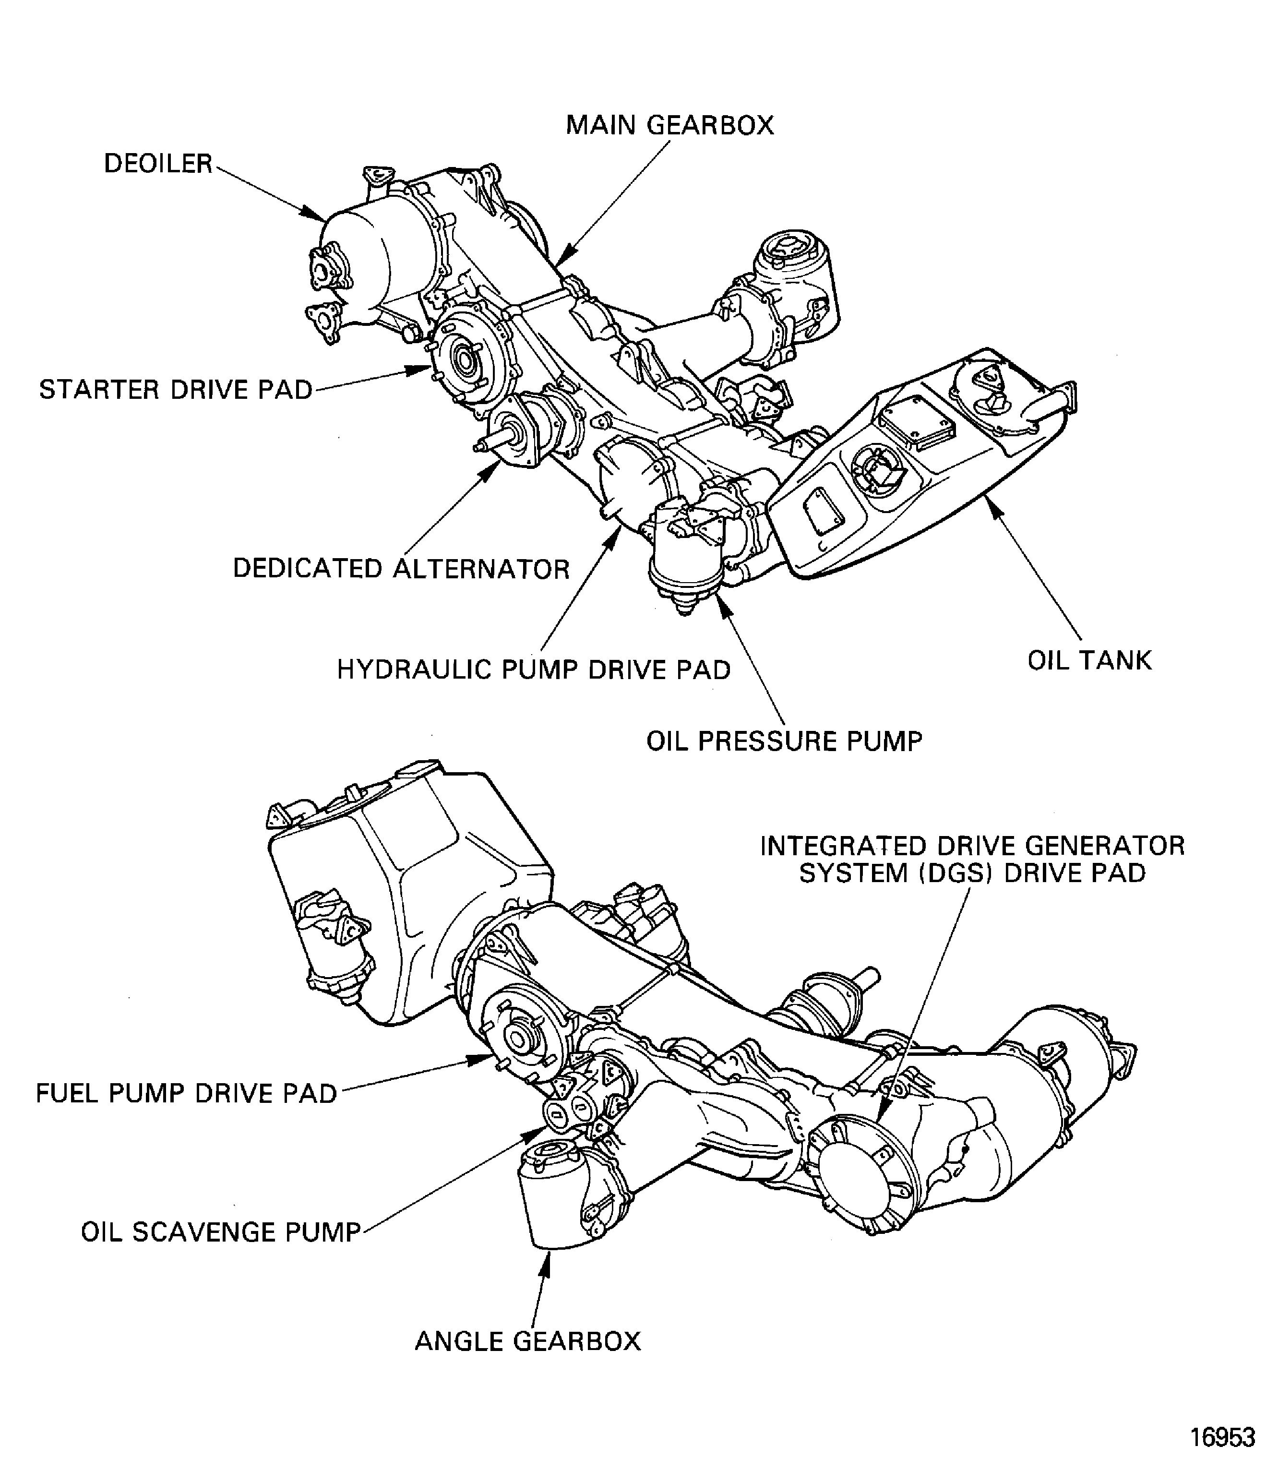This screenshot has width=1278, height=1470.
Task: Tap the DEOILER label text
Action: pos(158,164)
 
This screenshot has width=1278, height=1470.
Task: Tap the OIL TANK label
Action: pos(1089,660)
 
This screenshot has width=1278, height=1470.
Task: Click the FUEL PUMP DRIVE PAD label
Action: pos(186,1093)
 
